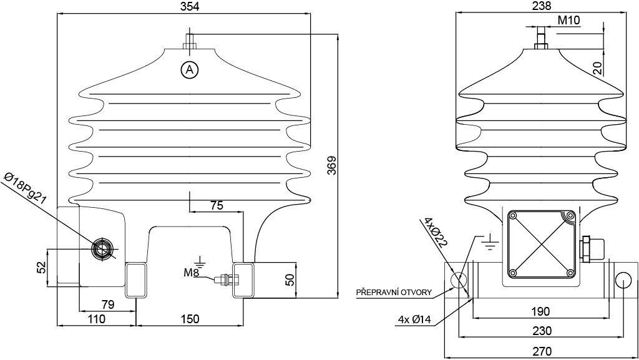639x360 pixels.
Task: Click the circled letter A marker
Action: coord(190,70)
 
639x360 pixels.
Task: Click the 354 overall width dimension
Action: coord(190,6)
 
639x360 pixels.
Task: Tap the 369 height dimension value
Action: coord(332,165)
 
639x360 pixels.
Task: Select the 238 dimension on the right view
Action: coord(542,6)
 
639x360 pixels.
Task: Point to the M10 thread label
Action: coord(568,20)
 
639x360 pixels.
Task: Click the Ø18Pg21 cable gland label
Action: coord(25,188)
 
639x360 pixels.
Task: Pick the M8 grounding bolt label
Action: coord(191,272)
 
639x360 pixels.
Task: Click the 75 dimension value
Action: coord(217,205)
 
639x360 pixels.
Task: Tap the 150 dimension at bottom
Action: coord(190,318)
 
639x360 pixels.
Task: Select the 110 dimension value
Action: coord(96,318)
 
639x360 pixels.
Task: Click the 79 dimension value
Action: coord(107,304)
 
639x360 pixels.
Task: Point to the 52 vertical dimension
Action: coord(42,267)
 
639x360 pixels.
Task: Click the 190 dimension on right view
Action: coord(540,311)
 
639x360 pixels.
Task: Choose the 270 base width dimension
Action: coord(542,351)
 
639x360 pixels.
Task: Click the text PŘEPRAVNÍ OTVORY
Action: coord(394,293)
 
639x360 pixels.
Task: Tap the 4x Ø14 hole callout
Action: coord(414,319)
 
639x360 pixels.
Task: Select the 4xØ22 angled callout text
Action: coord(435,232)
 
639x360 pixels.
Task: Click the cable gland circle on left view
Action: coord(100,249)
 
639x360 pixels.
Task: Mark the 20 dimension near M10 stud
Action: coord(597,68)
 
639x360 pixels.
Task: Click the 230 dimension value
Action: coord(542,331)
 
